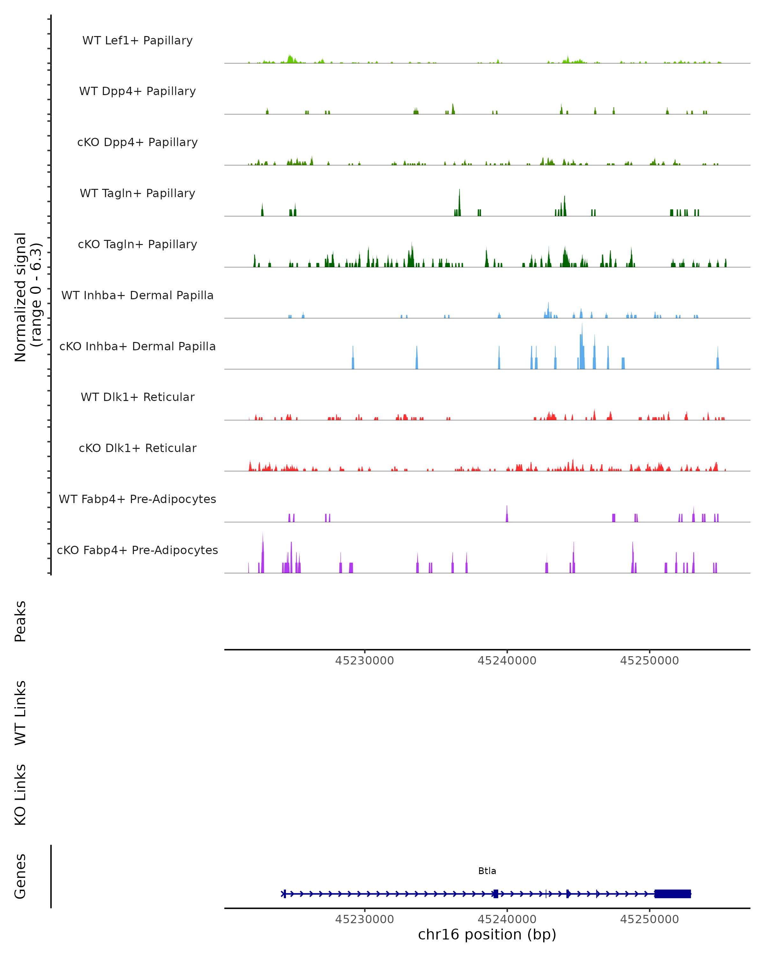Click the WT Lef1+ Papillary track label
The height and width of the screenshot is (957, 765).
click(137, 41)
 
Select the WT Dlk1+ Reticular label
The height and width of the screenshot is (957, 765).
click(137, 397)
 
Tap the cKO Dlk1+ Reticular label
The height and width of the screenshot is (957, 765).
click(137, 448)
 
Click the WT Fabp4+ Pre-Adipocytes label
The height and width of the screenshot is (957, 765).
click(137, 499)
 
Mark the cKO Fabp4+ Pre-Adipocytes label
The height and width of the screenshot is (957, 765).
click(137, 550)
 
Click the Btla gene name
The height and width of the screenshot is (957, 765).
click(487, 871)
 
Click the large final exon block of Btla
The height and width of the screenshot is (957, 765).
click(672, 894)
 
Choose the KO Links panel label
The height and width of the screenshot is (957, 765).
click(20, 795)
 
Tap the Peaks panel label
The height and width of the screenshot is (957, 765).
click(20, 621)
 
